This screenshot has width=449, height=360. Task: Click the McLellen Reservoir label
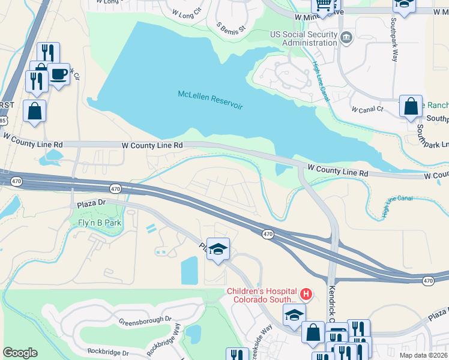(210, 100)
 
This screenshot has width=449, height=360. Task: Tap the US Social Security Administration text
(303, 38)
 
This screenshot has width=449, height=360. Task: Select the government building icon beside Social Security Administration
(346, 39)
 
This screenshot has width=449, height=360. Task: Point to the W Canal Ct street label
(368, 110)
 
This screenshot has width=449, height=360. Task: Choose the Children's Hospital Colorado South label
(261, 295)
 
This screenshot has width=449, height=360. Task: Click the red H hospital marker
(306, 294)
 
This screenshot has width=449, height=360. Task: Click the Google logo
(20, 352)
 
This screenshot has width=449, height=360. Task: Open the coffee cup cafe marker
(58, 74)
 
